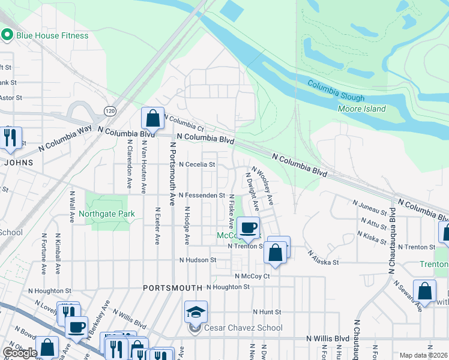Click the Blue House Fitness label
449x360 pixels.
coord(53,35)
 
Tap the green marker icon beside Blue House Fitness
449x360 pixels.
coord(8,35)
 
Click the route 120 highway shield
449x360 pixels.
coord(109,111)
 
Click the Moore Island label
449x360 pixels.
coord(361,109)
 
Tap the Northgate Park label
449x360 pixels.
coord(106,214)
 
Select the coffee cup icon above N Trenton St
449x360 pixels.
coord(247,227)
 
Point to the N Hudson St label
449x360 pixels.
coord(197,260)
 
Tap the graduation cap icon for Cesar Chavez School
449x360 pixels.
coord(196,311)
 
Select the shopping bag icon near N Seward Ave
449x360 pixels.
coord(424,291)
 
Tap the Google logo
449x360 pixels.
coord(20,353)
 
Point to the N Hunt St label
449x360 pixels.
coord(267,312)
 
